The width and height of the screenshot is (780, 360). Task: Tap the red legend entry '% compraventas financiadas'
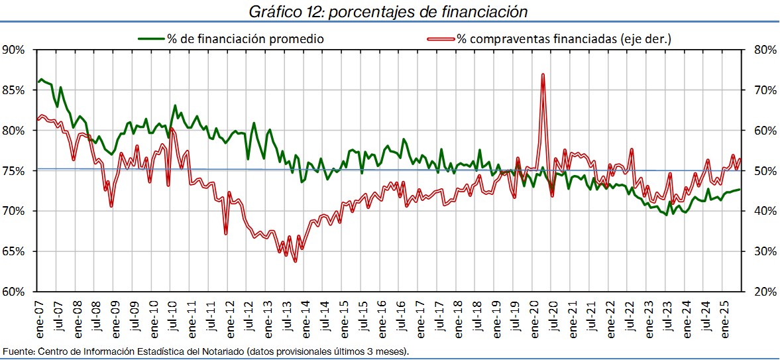(x=563, y=38)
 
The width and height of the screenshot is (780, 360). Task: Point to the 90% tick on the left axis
(x=14, y=50)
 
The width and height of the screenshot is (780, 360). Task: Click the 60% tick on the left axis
(x=14, y=292)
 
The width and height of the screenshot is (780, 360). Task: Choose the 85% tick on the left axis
(x=14, y=90)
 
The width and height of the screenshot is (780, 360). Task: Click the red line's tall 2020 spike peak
(x=543, y=74)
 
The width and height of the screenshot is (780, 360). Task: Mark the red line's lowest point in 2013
(x=295, y=261)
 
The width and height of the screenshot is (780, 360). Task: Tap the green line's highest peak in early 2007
(x=41, y=79)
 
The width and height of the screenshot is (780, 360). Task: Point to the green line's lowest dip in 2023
(x=666, y=215)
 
